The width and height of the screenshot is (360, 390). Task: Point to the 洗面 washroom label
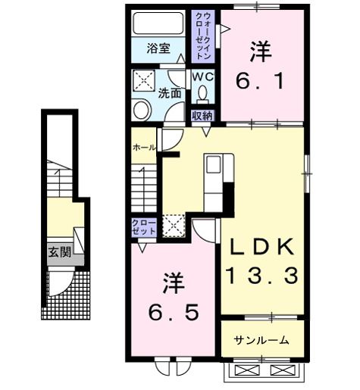point(169,94)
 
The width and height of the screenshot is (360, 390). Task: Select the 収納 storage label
point(202,115)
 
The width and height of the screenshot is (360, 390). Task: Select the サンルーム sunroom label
point(261,340)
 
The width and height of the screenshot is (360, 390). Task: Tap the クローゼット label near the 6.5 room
point(140,227)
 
